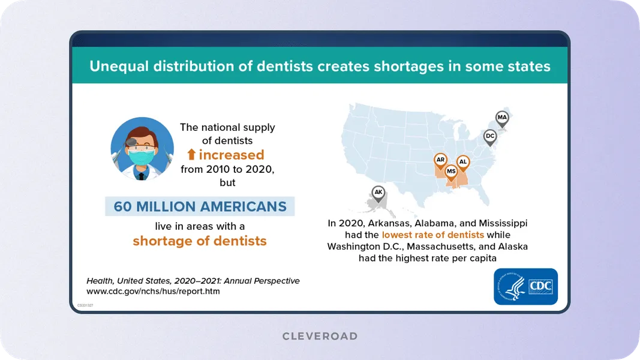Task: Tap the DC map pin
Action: click(490, 137)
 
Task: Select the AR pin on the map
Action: click(441, 160)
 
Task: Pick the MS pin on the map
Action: click(451, 172)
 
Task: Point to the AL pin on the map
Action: click(462, 162)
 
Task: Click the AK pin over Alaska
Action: click(378, 193)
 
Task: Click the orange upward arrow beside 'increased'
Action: click(191, 155)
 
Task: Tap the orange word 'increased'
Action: click(231, 155)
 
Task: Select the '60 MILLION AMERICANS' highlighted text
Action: click(200, 206)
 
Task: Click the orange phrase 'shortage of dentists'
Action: click(200, 241)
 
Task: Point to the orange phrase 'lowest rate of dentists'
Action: click(432, 235)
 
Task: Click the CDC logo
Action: click(526, 286)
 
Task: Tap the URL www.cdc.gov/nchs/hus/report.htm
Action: click(153, 292)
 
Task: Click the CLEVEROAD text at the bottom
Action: click(320, 336)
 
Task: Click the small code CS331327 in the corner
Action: click(85, 305)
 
